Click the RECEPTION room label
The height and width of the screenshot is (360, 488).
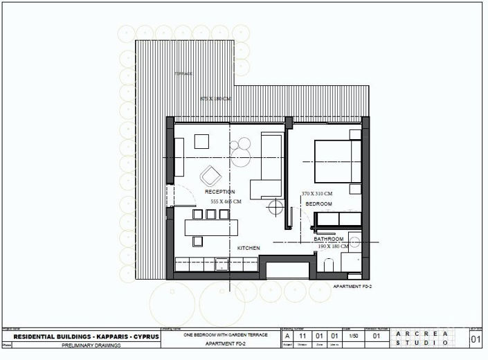point(219,192)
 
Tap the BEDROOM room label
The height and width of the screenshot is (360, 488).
point(318,204)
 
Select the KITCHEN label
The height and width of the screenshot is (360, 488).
point(248,248)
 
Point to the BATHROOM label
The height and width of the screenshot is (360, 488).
point(328,239)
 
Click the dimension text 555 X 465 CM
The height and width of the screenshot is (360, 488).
point(226,201)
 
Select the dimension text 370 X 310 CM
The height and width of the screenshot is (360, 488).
point(317,193)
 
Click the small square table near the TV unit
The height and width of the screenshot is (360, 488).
point(202,141)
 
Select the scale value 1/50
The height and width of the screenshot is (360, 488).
point(354,336)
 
